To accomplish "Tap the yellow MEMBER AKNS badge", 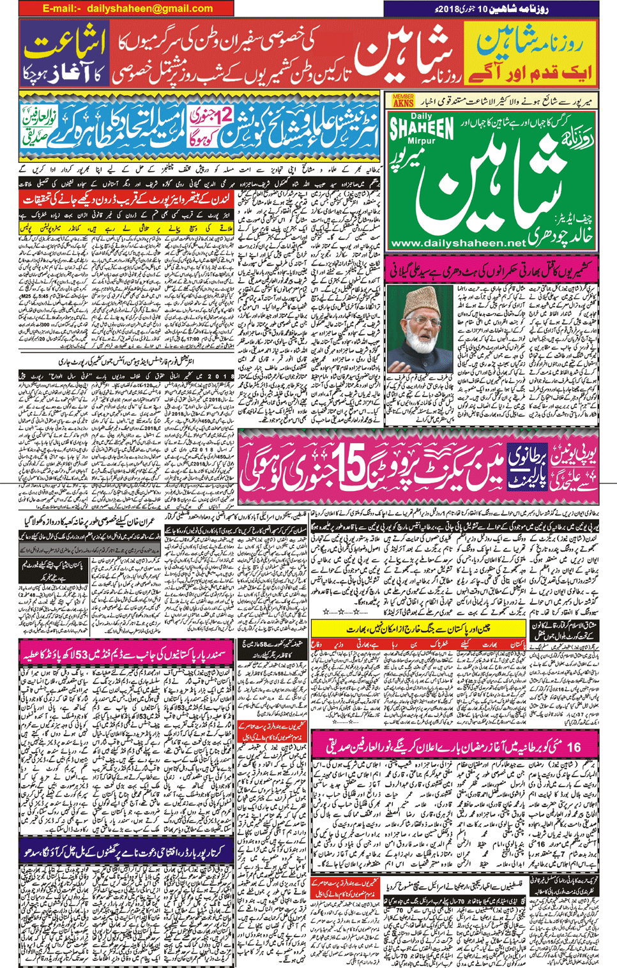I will coord(403,101).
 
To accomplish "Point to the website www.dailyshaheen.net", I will coord(457,243).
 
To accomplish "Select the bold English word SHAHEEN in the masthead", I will coord(422,128).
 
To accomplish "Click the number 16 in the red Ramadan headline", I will coord(574,746).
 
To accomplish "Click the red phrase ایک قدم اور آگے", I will coord(530,73).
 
